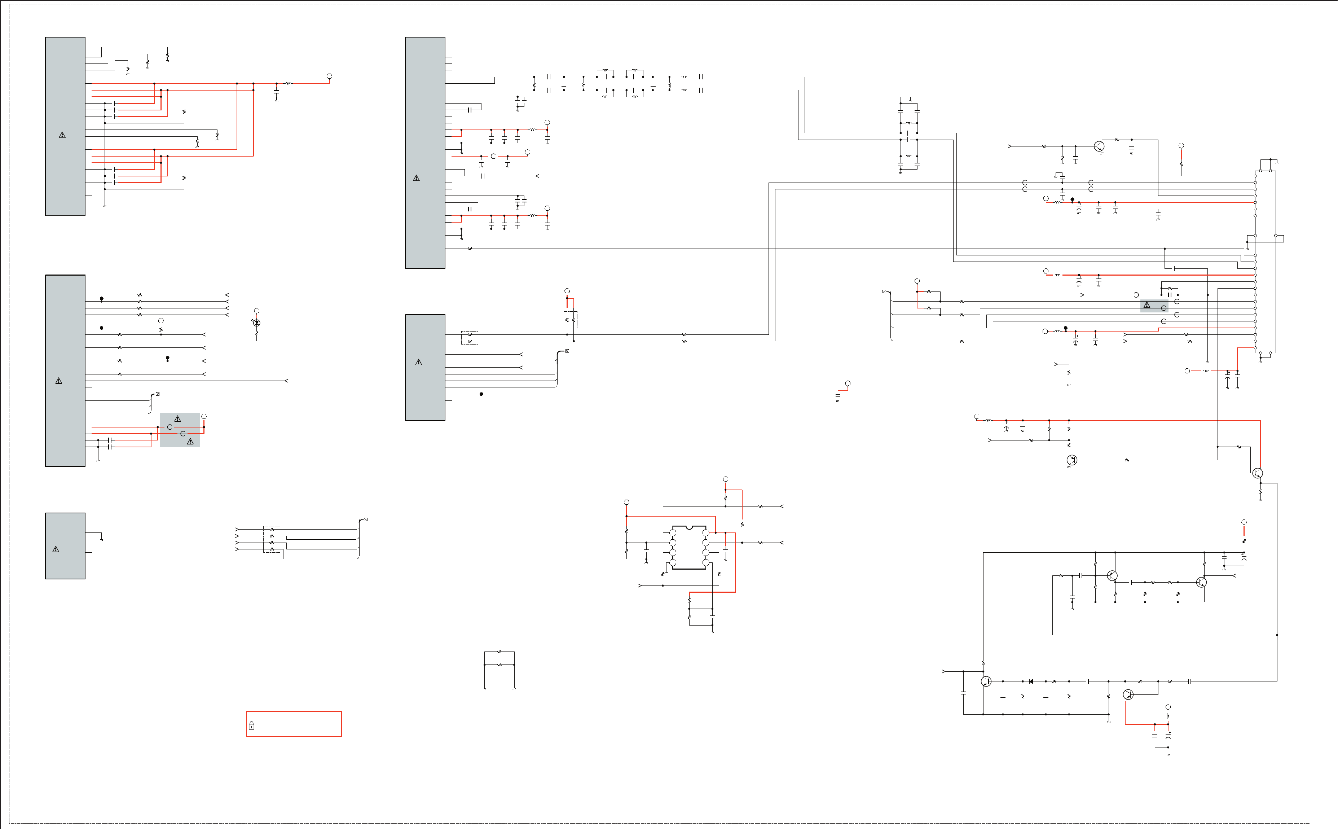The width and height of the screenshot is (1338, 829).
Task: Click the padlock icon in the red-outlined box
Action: coord(252,725)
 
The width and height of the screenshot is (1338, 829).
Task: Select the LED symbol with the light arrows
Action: coord(256,323)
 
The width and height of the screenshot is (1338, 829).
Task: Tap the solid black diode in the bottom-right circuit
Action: coord(1031,681)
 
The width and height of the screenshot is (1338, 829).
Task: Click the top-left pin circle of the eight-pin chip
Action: coord(673,533)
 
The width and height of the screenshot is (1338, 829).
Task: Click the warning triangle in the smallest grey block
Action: coord(56,549)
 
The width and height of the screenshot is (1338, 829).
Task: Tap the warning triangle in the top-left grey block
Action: coord(62,135)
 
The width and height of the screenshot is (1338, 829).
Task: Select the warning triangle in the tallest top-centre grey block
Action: coord(416,178)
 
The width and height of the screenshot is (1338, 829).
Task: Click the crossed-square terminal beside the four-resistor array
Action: coord(366,519)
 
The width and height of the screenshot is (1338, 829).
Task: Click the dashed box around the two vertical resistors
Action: coord(570,320)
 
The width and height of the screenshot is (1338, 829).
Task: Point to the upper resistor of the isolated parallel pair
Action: coord(499,652)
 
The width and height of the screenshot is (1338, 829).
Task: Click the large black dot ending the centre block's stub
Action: coord(481,394)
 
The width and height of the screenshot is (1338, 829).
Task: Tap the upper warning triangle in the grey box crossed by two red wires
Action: coord(177,419)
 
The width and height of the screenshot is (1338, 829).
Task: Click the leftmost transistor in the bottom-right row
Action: coord(986,681)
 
